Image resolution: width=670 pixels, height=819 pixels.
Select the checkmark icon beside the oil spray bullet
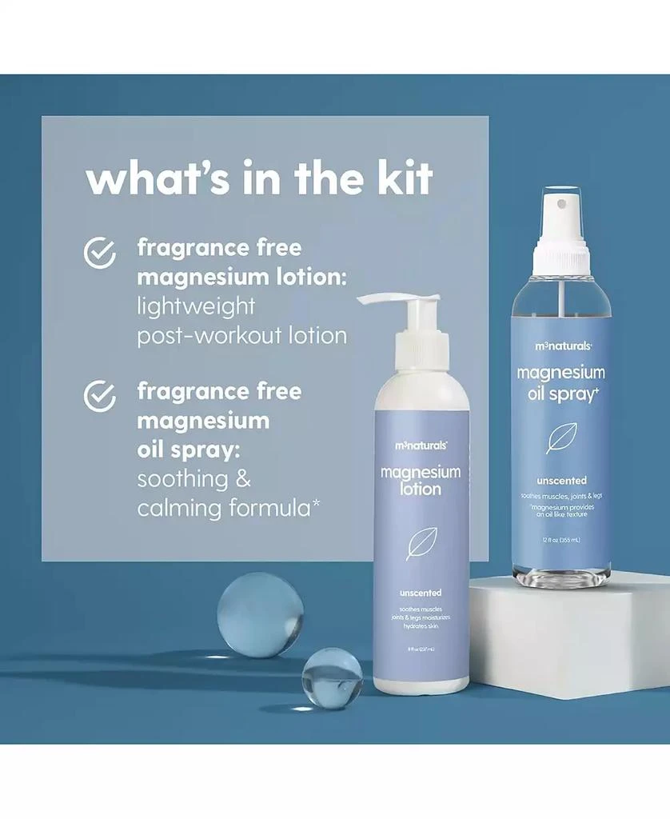pyautogui.click(x=100, y=395)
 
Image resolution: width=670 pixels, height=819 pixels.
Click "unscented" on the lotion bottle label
pyautogui.click(x=421, y=593)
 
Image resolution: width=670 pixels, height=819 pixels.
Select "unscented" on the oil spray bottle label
pyautogui.click(x=560, y=481)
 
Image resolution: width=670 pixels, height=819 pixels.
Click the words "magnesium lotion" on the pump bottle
pyautogui.click(x=421, y=480)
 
